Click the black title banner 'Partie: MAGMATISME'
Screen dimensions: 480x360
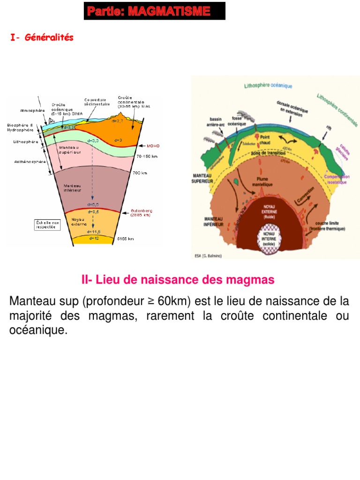click(x=154, y=11)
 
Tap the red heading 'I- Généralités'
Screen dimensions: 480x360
click(x=42, y=38)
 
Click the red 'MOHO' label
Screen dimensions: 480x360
click(x=153, y=146)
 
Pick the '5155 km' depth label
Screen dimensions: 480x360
click(x=125, y=239)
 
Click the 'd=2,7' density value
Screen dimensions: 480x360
click(x=117, y=121)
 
